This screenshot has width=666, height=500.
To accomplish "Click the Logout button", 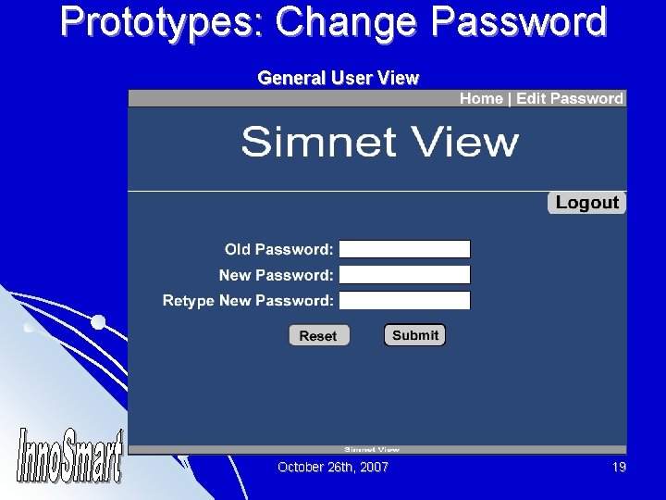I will click(586, 203).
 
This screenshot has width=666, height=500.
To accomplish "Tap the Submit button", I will click(414, 335).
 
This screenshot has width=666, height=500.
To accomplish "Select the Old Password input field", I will click(405, 249).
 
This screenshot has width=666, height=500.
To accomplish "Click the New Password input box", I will click(405, 275).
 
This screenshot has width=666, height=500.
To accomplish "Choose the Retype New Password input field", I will click(405, 300).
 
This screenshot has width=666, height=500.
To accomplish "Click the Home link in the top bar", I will click(481, 99).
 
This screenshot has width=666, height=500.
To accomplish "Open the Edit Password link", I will click(570, 99).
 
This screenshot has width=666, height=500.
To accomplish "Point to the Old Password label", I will click(278, 249).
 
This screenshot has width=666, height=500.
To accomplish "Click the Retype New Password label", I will click(248, 300).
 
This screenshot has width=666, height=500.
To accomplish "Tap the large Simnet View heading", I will click(379, 143).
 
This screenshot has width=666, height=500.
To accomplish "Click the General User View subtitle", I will click(338, 79).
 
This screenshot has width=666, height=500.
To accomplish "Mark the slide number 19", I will click(619, 468).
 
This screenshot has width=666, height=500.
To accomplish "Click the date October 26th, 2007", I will click(333, 468).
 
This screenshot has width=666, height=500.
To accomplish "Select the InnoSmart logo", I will click(70, 456).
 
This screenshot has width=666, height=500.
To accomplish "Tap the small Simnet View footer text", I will click(372, 449).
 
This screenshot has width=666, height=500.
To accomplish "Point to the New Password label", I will click(276, 275).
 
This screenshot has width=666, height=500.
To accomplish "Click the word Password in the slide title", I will click(524, 22).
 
